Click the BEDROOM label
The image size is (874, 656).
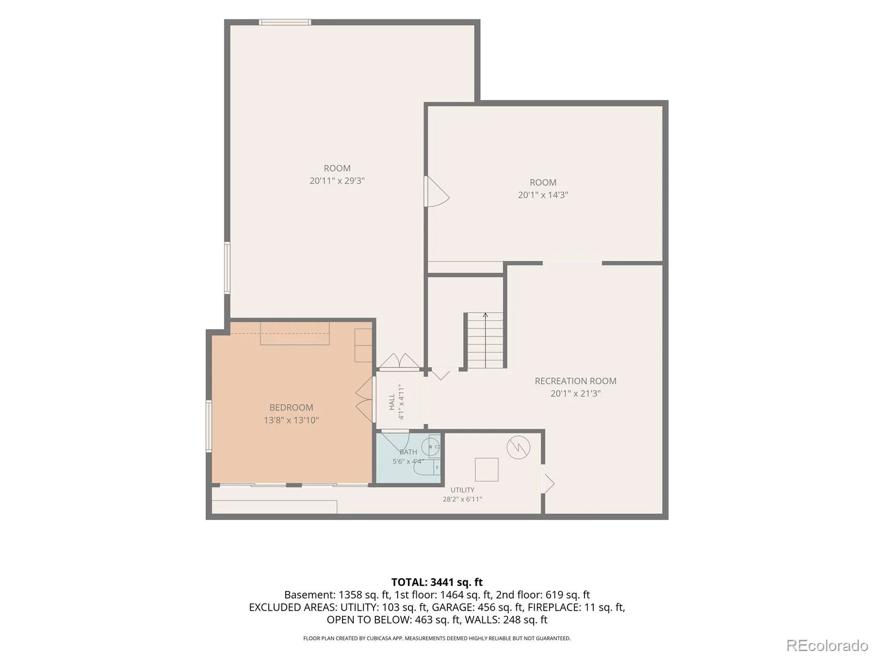(x=291, y=407)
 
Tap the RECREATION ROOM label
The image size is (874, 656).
(x=575, y=381)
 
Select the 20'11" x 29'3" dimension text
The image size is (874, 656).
(x=337, y=181)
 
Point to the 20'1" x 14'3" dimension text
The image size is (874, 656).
(x=543, y=195)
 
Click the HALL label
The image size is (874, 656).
(x=392, y=402)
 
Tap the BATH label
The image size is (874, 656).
(x=408, y=452)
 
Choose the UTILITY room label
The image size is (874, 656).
(x=462, y=490)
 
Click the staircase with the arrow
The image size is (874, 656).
(x=485, y=341)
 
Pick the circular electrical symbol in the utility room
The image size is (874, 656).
(x=518, y=447)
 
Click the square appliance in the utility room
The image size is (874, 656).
(x=487, y=470)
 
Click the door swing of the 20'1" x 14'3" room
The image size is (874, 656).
(x=437, y=191)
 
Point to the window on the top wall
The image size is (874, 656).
(x=285, y=22)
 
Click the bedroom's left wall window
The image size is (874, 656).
(x=209, y=426)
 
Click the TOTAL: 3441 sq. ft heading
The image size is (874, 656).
(x=437, y=582)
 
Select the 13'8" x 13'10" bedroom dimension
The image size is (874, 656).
(x=291, y=420)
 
